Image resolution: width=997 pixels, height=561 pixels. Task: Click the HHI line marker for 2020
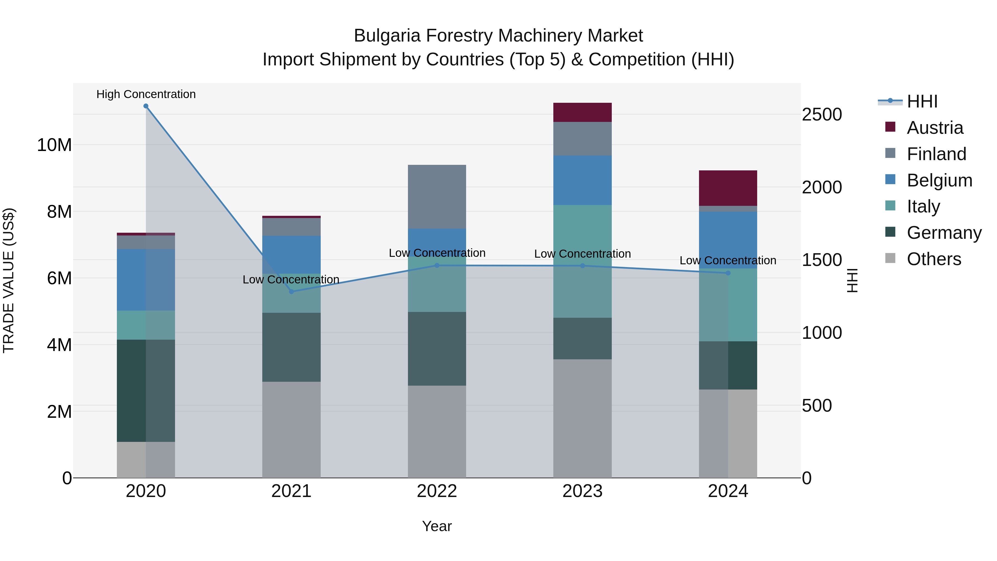(146, 106)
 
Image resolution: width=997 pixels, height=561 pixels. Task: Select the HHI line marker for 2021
(291, 291)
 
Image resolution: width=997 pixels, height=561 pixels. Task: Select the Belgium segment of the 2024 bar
(728, 240)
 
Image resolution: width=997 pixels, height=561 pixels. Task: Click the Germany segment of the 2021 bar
(291, 347)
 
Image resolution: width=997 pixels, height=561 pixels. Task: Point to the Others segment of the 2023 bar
(582, 418)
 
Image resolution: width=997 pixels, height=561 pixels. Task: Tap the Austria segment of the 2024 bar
(728, 188)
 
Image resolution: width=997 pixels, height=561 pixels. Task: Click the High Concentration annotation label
(146, 94)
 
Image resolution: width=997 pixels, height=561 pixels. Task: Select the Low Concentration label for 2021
(291, 280)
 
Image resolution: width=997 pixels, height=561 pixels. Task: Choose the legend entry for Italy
(923, 206)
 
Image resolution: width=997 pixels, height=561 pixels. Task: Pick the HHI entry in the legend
(922, 101)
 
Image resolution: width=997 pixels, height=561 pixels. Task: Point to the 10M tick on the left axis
(54, 145)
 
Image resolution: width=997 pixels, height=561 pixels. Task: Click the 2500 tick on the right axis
(821, 115)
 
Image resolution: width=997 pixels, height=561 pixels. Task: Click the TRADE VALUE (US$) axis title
(9, 280)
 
